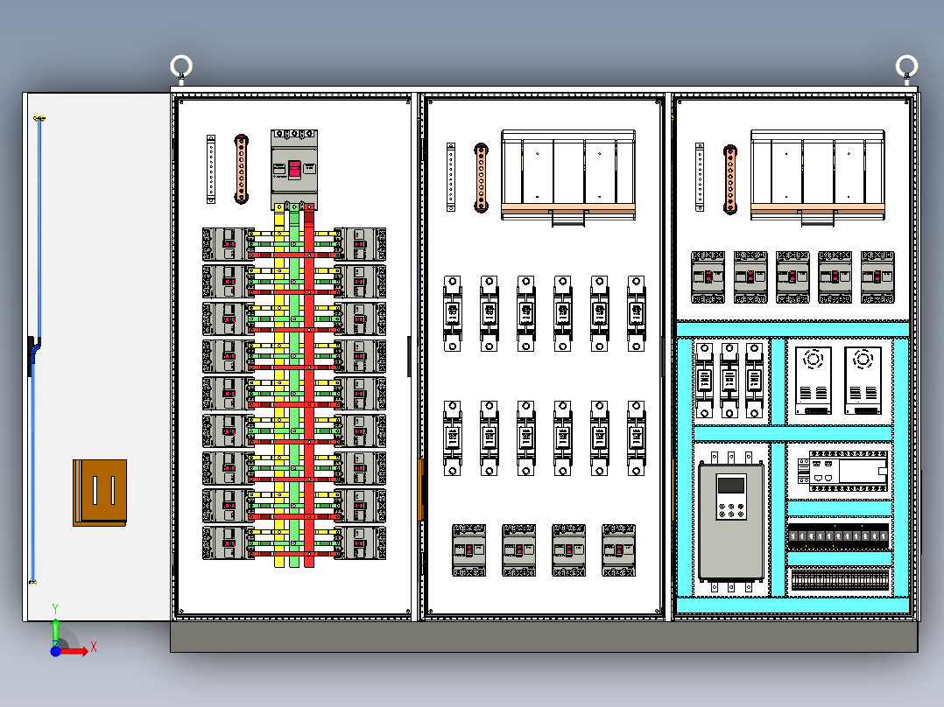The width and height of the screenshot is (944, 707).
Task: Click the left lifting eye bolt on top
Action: pos(180,67)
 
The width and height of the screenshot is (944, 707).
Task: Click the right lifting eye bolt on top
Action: pos(906,67)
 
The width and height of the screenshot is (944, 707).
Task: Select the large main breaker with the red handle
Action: pos(294,169)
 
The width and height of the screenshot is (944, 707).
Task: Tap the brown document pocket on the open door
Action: pos(99,492)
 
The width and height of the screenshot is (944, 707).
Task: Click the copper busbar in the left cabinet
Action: pos(242,169)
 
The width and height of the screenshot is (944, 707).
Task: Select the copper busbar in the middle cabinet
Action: pos(481,178)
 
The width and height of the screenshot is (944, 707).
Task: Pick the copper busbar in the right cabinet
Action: pos(729,178)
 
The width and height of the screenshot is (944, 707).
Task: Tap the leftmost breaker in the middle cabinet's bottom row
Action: pos(468,549)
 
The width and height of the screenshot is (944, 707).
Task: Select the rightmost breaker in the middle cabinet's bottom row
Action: pos(618,549)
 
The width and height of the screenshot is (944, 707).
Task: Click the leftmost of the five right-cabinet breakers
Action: pos(708,277)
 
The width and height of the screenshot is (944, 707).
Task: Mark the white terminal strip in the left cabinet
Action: pos(211,169)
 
